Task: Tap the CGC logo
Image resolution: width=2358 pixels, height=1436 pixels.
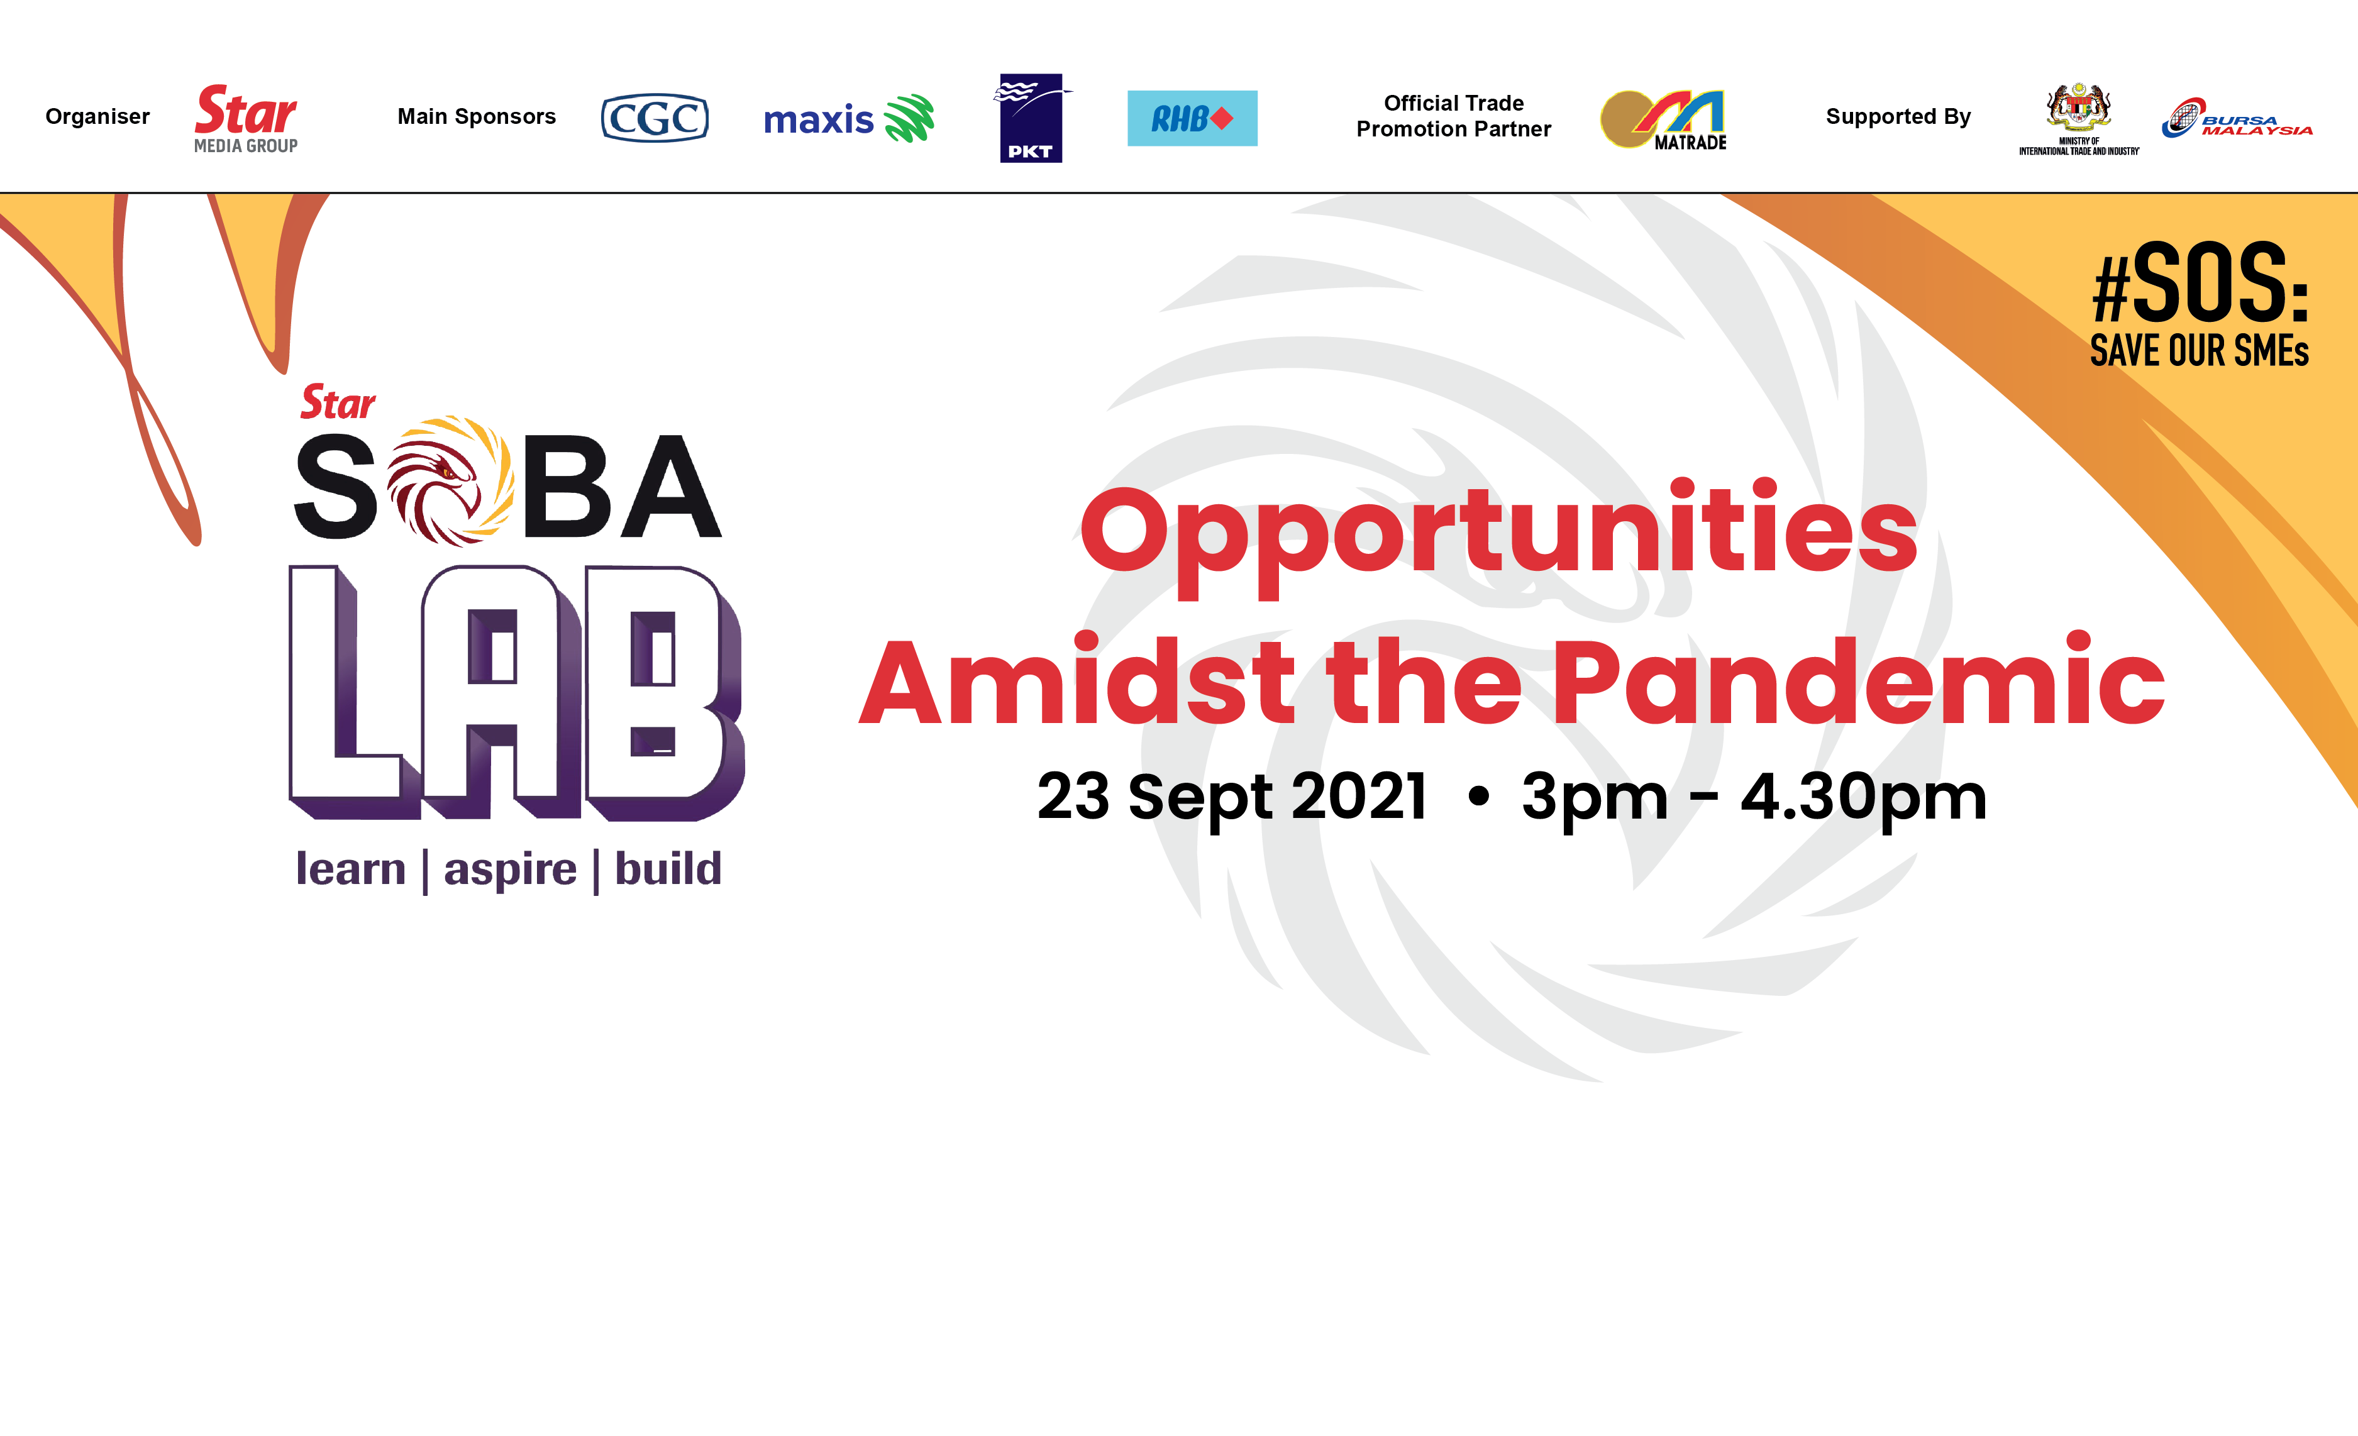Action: pos(655,118)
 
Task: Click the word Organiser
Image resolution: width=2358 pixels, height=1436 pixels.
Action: pos(97,117)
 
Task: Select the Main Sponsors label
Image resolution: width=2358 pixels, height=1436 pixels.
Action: pos(477,117)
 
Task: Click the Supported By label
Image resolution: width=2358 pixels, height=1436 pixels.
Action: pos(1898,117)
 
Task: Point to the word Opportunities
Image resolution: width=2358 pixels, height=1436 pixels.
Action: pos(1498,535)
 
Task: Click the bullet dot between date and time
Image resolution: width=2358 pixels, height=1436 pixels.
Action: pos(1478,796)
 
